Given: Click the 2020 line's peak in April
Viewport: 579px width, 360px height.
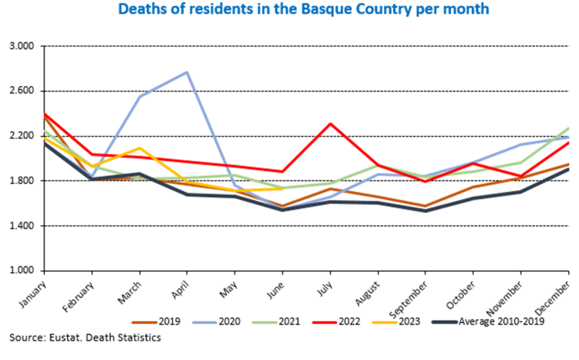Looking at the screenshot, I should [187, 72].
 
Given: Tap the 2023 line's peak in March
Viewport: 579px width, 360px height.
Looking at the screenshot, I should [140, 148].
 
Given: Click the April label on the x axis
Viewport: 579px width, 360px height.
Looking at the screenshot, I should [179, 289].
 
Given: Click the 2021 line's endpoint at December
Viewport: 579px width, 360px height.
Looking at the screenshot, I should [567, 128].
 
